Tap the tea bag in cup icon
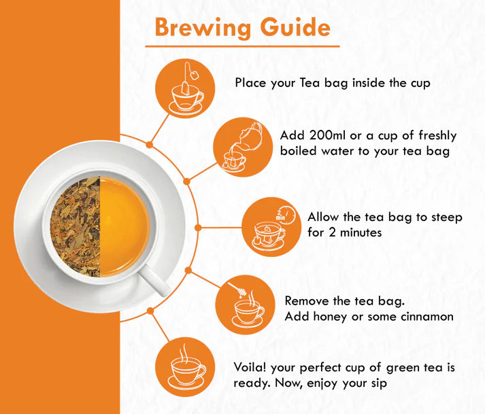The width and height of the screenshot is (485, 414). [186, 86]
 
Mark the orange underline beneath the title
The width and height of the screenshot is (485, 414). [241, 46]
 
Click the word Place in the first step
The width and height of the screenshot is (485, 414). [251, 82]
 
